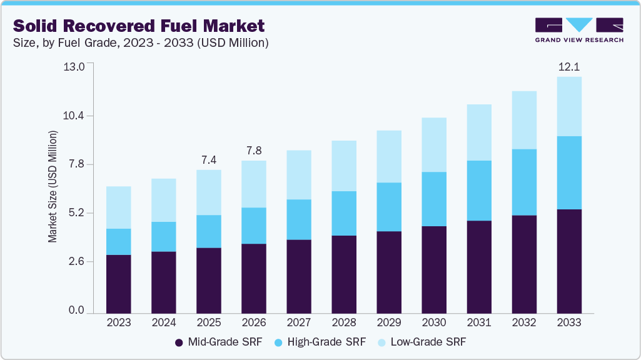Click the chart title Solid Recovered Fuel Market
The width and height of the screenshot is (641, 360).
click(x=139, y=26)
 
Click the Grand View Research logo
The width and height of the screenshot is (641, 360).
click(x=579, y=30)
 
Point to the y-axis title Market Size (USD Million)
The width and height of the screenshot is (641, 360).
click(x=53, y=186)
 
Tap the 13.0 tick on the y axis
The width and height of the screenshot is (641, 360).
click(x=74, y=67)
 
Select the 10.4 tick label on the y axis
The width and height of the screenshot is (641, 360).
click(x=74, y=116)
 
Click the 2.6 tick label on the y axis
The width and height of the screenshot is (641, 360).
click(x=76, y=262)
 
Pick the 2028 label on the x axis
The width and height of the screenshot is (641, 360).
click(x=343, y=322)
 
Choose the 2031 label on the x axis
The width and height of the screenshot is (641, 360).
click(x=478, y=322)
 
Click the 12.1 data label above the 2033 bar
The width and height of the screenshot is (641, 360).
click(x=568, y=67)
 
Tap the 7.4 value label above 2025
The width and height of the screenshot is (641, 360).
click(x=208, y=160)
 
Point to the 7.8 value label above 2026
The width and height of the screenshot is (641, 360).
click(x=253, y=151)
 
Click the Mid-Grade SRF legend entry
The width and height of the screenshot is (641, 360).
click(x=218, y=342)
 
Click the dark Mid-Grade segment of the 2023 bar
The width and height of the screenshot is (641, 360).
click(x=118, y=284)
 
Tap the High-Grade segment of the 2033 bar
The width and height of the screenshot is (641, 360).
click(x=568, y=172)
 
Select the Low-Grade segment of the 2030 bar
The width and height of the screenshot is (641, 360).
click(x=433, y=144)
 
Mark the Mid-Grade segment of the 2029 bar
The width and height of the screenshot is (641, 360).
click(x=388, y=272)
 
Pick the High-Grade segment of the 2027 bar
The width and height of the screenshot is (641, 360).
click(x=298, y=219)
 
